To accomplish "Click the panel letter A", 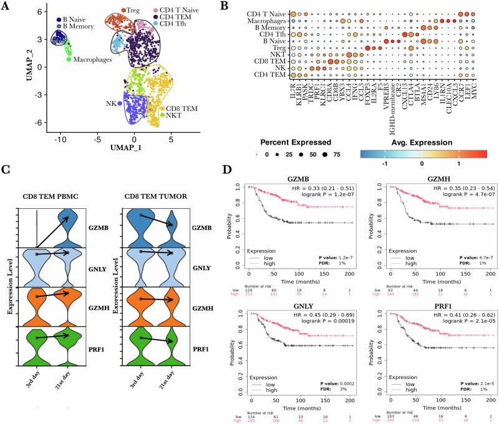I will click(x=7, y=7).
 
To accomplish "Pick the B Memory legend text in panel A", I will click(x=77, y=27).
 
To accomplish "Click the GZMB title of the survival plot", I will click(x=289, y=178).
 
